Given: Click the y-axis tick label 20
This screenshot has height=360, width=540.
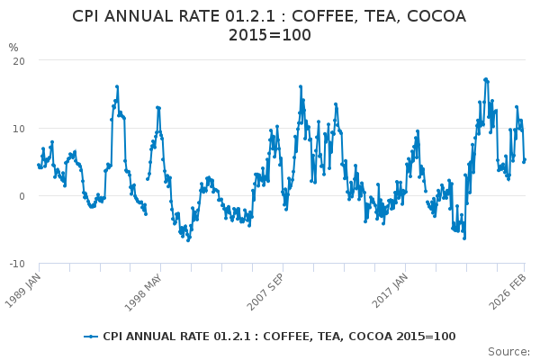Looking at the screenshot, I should (x=19, y=60).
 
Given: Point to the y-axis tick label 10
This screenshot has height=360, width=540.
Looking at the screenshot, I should (x=19, y=128).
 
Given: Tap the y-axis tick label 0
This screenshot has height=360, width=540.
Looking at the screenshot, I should (x=22, y=196).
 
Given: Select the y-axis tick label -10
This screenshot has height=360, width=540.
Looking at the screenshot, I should (x=17, y=264).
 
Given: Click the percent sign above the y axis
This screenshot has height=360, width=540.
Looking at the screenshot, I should (x=13, y=47).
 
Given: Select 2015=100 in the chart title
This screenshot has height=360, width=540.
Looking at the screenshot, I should (x=270, y=35).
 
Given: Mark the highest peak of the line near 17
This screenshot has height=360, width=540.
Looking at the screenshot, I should (x=486, y=79).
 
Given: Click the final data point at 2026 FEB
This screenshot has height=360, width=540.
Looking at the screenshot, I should (x=525, y=159).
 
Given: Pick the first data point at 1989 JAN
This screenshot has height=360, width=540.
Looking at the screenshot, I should (x=39, y=165).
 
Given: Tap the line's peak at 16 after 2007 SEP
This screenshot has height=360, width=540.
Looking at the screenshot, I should (x=301, y=87).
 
